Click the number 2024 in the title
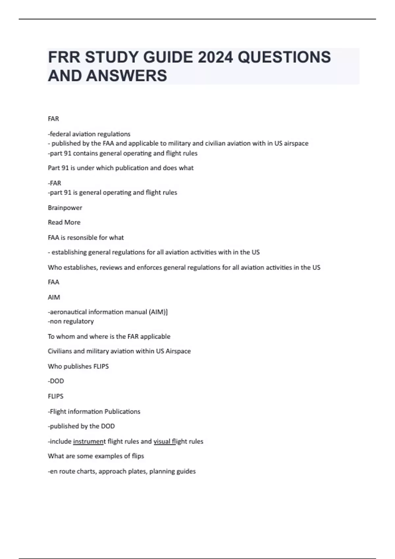[215, 57]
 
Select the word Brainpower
[65, 208]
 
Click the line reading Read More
[64, 222]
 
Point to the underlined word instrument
[89, 441]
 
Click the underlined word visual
[162, 441]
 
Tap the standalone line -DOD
[56, 381]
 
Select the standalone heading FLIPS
[56, 396]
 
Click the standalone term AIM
[54, 297]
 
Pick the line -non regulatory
[71, 321]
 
